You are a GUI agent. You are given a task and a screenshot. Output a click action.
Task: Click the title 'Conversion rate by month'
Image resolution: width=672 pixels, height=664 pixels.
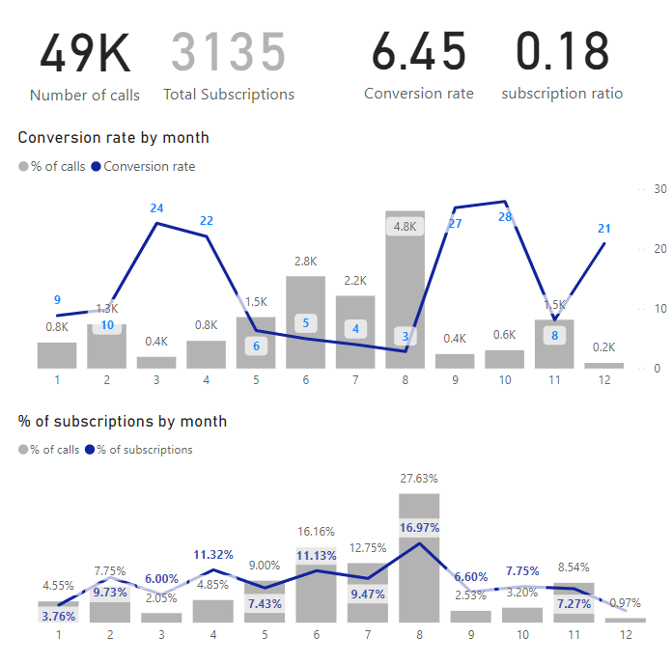113,137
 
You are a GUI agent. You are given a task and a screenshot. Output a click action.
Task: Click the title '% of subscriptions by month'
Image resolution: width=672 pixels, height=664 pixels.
123,421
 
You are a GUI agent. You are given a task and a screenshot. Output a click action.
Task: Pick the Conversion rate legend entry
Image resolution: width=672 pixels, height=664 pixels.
149,166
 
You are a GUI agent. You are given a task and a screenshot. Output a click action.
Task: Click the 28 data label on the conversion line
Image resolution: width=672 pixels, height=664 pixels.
505,217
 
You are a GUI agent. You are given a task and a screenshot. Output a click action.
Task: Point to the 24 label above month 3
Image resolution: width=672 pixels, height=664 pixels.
157,207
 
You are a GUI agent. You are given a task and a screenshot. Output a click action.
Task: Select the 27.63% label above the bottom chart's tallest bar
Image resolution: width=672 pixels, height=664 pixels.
418,478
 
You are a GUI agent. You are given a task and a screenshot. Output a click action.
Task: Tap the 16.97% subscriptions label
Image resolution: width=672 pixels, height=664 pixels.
418,527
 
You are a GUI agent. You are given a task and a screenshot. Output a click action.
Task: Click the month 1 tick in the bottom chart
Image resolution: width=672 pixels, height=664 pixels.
59,634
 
